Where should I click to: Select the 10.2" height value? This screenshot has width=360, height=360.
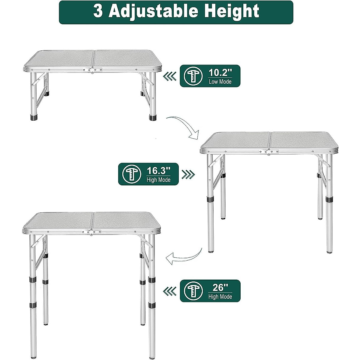[x=220, y=73]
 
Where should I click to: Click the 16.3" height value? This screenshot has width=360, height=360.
[x=158, y=171]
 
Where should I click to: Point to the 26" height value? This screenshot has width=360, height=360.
[x=220, y=288]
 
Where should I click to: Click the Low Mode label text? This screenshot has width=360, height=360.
[x=220, y=82]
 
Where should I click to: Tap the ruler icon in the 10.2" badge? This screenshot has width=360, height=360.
[x=193, y=76]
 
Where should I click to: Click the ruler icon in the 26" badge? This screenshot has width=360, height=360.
[x=193, y=291]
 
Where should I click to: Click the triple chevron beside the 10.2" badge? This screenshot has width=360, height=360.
[x=169, y=77]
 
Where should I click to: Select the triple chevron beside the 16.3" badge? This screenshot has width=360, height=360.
[x=189, y=175]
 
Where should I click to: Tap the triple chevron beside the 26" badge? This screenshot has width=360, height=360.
[x=169, y=291]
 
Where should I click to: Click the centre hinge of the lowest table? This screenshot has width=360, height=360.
[x=92, y=70]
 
